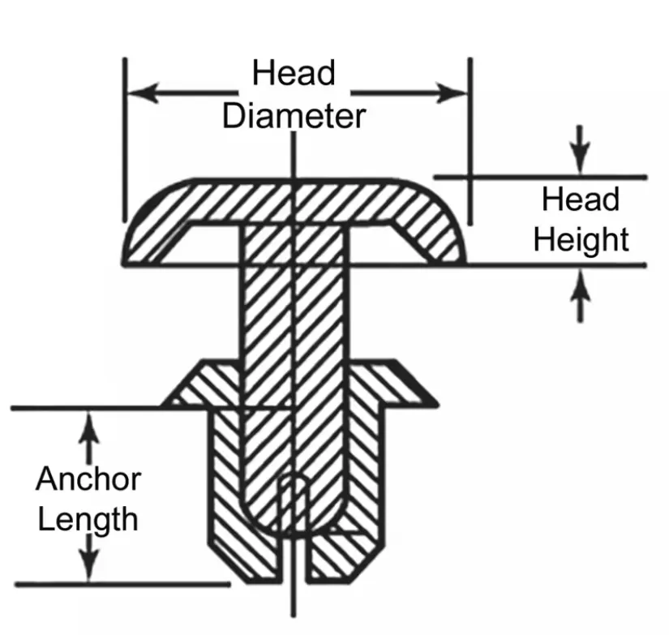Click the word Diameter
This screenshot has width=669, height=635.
pyautogui.click(x=294, y=116)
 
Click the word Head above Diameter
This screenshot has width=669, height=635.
pyautogui.click(x=294, y=73)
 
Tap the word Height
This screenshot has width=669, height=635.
pyautogui.click(x=581, y=240)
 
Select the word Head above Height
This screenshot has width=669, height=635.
pyautogui.click(x=581, y=199)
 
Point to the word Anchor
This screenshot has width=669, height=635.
pyautogui.click(x=88, y=478)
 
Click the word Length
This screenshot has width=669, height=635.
pyautogui.click(x=88, y=520)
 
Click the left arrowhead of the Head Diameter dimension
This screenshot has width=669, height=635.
pyautogui.click(x=143, y=92)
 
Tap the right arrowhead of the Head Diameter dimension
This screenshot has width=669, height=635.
pyautogui.click(x=452, y=92)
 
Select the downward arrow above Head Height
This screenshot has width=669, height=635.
pyautogui.click(x=580, y=149)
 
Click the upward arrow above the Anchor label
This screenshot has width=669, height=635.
pyautogui.click(x=88, y=437)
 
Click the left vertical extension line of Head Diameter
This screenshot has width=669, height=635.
pyautogui.click(x=125, y=140)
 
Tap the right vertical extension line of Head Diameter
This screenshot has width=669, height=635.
pyautogui.click(x=470, y=141)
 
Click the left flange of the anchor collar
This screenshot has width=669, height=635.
pyautogui.click(x=200, y=384)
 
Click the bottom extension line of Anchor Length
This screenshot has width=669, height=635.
pyautogui.click(x=123, y=584)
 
